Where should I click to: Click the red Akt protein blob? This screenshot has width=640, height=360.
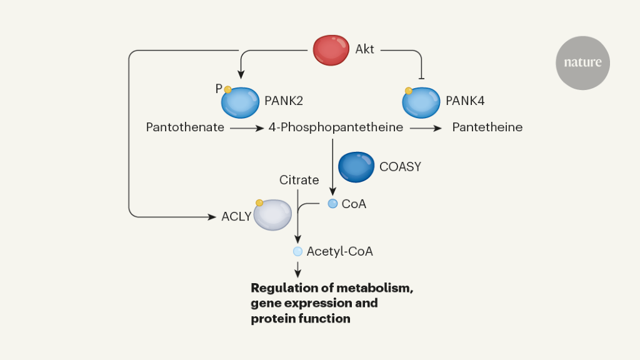coord(331,50)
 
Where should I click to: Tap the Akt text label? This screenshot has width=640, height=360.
coord(365,49)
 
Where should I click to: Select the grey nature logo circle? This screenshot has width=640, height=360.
coord(582,62)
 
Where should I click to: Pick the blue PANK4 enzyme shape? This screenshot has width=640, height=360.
coord(421,102)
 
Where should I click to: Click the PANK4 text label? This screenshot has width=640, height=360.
coord(466,99)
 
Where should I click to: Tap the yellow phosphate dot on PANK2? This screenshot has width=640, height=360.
coord(228,89)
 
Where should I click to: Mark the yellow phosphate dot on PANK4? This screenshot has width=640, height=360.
coord(409,91)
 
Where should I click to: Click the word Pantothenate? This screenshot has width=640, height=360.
coord(185,127)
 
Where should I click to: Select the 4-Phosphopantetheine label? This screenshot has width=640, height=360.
coord(336,127)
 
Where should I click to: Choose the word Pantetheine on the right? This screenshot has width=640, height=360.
coord(487,127)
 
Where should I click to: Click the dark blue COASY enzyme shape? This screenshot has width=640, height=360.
coord(356,167)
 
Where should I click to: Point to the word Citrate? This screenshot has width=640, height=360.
coord(299,180)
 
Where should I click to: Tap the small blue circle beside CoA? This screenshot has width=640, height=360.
coord(332,203)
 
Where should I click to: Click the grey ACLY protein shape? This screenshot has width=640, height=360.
coord(272,215)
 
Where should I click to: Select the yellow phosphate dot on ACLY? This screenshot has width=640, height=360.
coord(259,202)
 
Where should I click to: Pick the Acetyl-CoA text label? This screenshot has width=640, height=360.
coord(339,251)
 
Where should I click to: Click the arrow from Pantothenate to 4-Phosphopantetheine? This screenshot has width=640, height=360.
coord(247,127)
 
